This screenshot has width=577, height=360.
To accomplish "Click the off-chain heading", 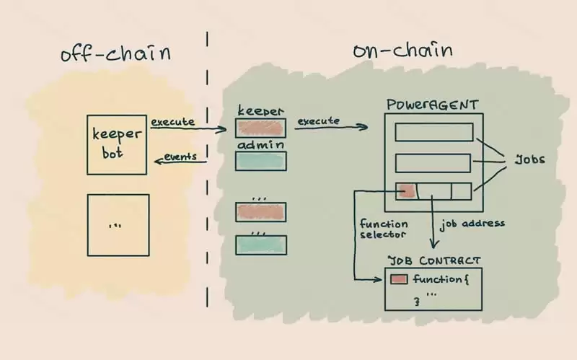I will [x=116, y=54].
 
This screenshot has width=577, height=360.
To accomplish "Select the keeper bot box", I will [x=118, y=144].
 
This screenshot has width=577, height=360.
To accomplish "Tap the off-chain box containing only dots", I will [x=118, y=224].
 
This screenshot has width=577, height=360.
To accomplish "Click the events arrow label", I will [x=180, y=157].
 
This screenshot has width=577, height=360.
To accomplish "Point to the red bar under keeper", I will [x=261, y=127].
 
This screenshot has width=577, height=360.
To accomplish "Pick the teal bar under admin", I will [x=261, y=161].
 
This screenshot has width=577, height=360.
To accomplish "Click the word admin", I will [x=261, y=144].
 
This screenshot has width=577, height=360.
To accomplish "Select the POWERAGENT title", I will [x=432, y=105].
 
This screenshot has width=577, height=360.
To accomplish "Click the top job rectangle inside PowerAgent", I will [x=434, y=132].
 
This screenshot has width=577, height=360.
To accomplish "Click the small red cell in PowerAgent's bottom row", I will [x=406, y=191].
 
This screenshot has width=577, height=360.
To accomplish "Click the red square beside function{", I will [x=399, y=279].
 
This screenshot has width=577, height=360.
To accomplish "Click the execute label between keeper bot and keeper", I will [x=172, y=122].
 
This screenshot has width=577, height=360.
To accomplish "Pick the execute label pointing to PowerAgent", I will [x=317, y=120].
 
